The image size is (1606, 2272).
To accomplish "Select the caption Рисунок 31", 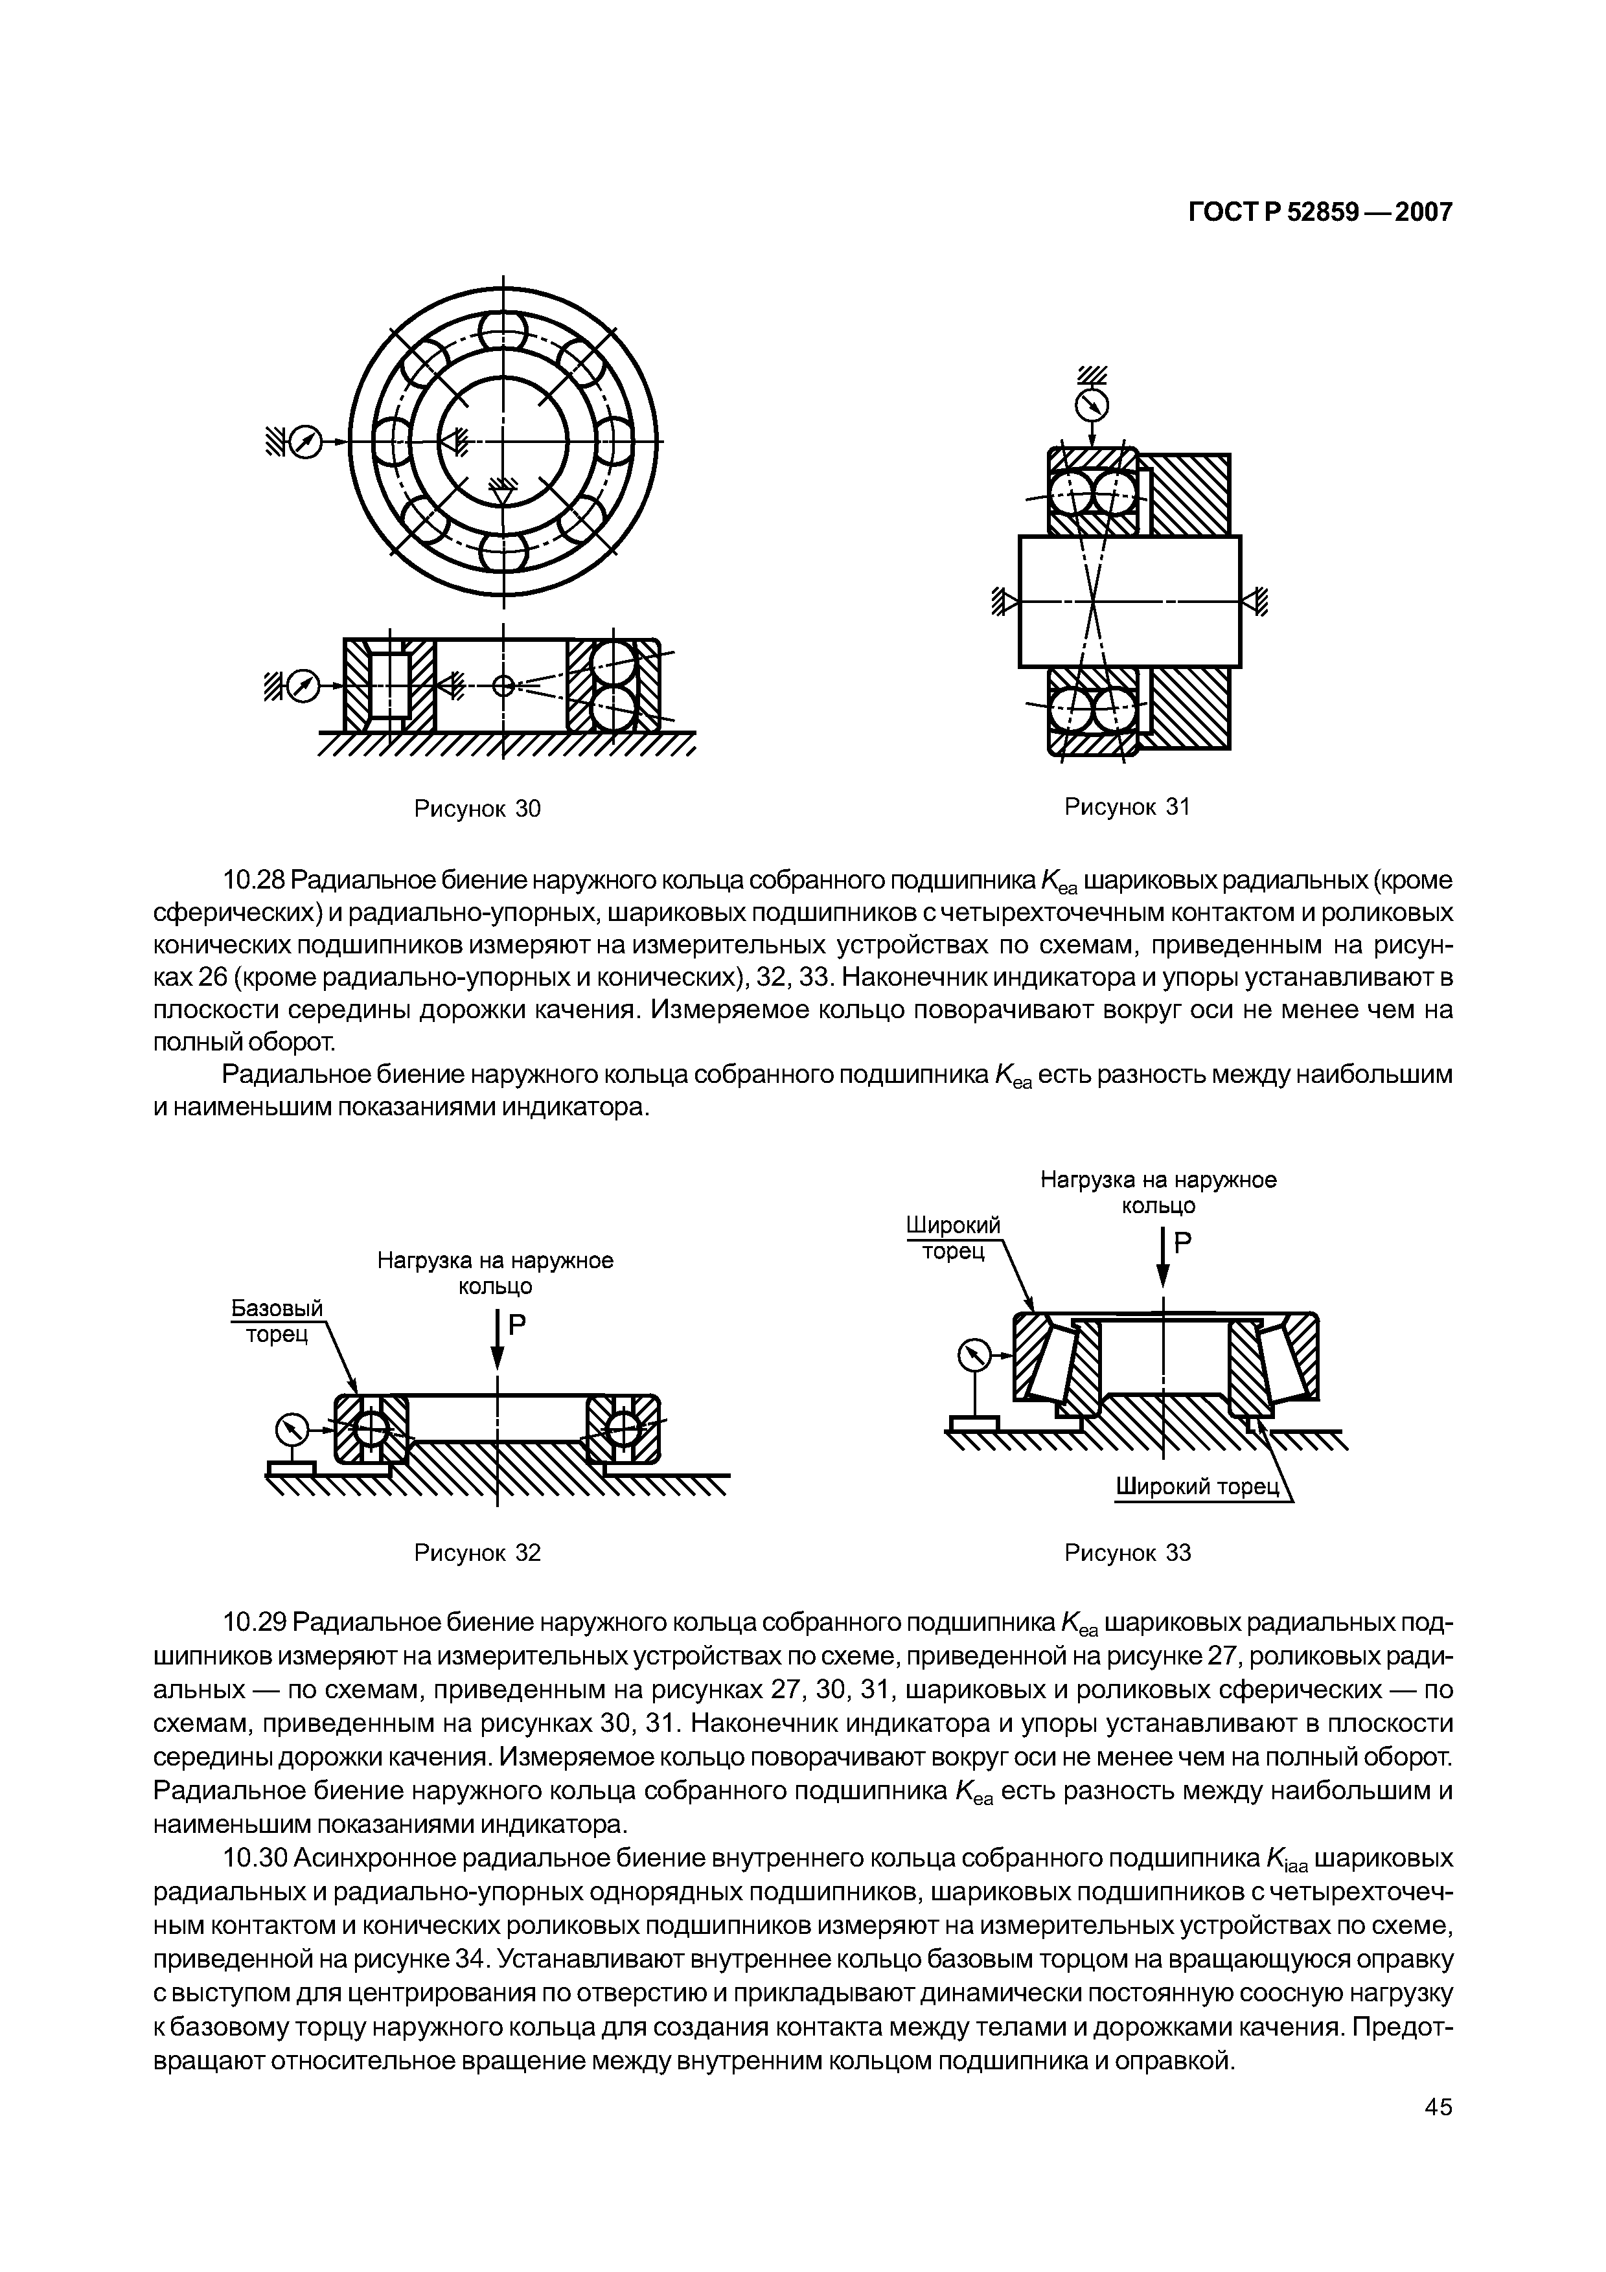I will pos(1126,806).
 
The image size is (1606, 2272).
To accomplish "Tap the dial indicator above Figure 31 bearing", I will pos(1092,405).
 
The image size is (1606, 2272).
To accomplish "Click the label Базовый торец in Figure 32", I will pos(277,1321).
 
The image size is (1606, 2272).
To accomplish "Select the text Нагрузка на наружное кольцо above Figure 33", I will pos(1158,1192).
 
